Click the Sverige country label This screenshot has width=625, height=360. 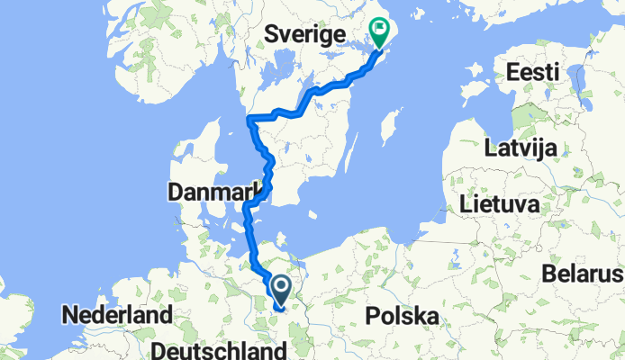point(307,35)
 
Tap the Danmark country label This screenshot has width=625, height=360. point(213,192)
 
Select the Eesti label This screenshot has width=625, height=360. point(534,71)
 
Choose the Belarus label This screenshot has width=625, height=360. point(584,273)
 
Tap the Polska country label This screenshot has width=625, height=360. point(403,317)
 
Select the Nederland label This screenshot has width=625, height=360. point(116,317)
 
